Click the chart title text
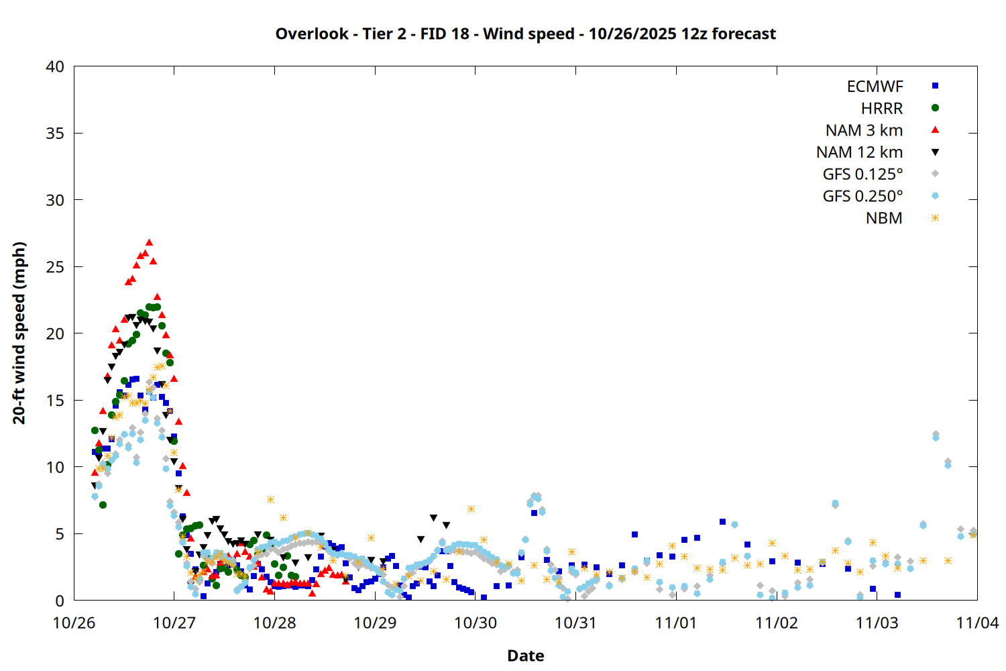[525, 34]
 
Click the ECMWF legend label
[875, 87]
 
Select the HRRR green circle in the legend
[935, 108]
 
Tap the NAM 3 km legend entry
[864, 130]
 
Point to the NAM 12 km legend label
[859, 152]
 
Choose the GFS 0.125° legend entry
[862, 174]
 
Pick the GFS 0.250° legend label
[862, 197]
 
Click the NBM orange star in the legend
[935, 218]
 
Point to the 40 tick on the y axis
[56, 66]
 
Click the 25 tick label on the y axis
[56, 267]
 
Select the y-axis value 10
[56, 467]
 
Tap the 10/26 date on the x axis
[74, 623]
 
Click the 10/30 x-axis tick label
[476, 623]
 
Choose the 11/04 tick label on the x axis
[977, 623]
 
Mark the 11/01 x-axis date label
[676, 623]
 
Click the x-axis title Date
[525, 656]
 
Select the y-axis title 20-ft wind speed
[19, 333]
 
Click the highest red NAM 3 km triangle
[149, 242]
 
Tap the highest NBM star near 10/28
[270, 499]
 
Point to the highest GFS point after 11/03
[936, 435]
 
